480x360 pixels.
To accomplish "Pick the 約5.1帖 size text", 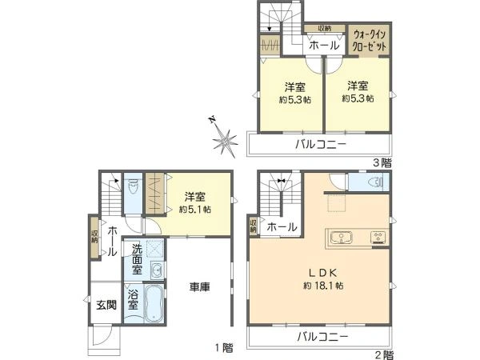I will point(194,210).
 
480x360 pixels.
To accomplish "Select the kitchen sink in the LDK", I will point(342,238).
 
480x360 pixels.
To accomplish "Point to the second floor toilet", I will point(371,183).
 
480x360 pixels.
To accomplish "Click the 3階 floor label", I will point(382,162).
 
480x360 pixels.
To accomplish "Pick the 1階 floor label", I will point(223,348).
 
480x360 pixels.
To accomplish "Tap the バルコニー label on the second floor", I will point(322,338).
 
